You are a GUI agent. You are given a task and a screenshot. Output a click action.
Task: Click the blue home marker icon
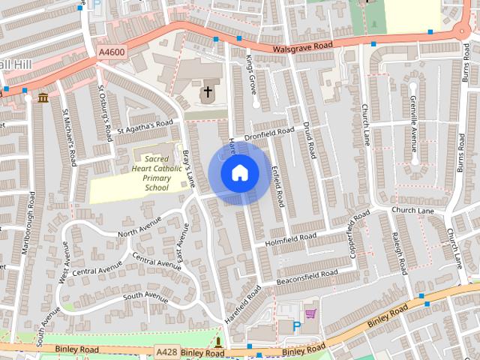[x=239, y=172]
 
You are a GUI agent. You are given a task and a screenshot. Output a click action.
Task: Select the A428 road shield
[x=166, y=352]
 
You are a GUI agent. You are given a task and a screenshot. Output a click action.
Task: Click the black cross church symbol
[x=207, y=92]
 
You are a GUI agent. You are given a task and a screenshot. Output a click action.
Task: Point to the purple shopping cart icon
[x=310, y=313]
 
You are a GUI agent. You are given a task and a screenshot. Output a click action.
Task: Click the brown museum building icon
[x=43, y=97]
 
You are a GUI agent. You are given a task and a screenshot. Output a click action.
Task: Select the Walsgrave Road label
[x=302, y=46]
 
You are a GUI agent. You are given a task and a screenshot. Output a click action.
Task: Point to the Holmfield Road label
[x=291, y=239]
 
